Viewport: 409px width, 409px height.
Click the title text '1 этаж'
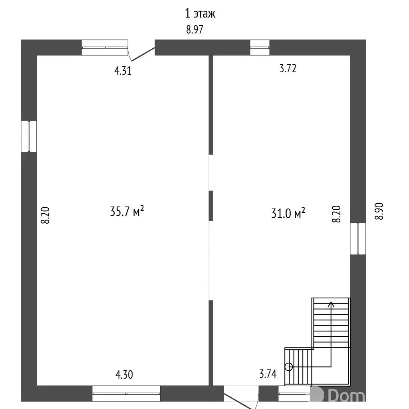tap(200, 13)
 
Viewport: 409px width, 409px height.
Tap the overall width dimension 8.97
tap(195, 30)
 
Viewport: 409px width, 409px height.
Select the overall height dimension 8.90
tap(379, 211)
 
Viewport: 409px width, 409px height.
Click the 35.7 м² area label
tap(127, 211)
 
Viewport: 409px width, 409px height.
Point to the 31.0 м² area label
tap(288, 213)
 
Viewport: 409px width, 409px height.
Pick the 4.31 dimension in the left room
tap(123, 71)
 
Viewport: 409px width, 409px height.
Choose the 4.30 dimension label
tap(124, 375)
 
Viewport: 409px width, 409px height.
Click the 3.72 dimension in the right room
tap(288, 68)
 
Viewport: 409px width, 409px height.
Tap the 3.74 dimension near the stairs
tap(268, 374)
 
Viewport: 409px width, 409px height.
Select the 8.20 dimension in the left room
tap(45, 215)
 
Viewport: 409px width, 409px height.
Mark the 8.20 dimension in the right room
tap(336, 214)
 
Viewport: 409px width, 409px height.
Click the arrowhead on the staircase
tap(331, 304)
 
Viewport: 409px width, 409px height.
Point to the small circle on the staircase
tap(289, 367)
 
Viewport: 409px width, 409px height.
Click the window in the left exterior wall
tap(29, 136)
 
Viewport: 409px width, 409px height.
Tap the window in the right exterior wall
tap(358, 239)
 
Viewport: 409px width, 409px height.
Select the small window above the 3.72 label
tap(260, 48)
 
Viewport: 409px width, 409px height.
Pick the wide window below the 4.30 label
tap(126, 393)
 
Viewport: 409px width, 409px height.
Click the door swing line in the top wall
tap(143, 54)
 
